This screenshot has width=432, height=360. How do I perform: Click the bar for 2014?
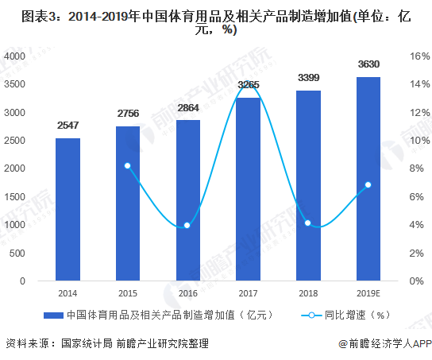pos(67,209)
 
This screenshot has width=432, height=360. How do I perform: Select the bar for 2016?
pos(188,200)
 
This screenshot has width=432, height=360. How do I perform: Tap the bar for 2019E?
pos(368,179)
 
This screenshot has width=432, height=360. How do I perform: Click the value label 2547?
pos(67,126)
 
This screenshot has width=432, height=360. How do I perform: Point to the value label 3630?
pos(368,64)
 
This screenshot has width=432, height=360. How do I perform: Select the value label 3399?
pos(308,78)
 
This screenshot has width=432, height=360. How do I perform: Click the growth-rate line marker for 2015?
pos(128,165)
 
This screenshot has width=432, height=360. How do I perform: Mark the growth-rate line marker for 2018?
pos(308,223)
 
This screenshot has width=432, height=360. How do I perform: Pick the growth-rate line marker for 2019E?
pos(368,184)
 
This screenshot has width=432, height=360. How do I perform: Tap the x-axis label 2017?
pos(248,292)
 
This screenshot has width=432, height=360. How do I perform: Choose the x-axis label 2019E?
pos(368,292)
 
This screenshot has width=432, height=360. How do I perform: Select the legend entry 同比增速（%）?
pos(357,315)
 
